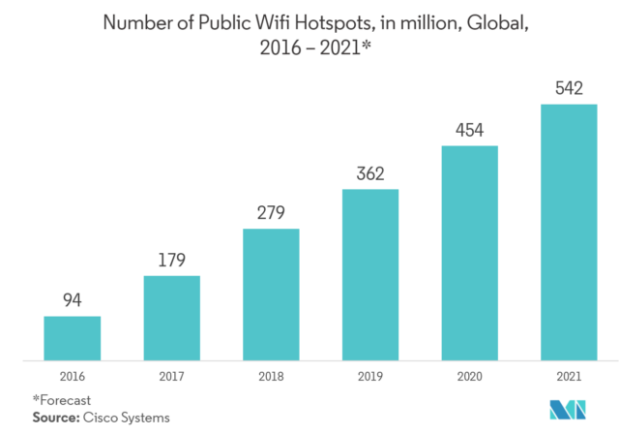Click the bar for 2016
click(x=93, y=337)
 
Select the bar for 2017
click(x=192, y=317)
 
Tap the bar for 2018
click(x=291, y=294)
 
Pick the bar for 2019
click(x=391, y=274)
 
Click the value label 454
click(x=470, y=131)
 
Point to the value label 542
click(x=569, y=89)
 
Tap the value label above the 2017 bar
click(x=172, y=262)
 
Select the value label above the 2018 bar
click(x=272, y=216)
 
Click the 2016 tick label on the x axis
click(x=73, y=374)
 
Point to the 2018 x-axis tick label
click(x=272, y=374)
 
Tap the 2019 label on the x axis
click(x=370, y=374)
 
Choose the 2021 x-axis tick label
click(x=569, y=374)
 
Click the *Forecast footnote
click(x=61, y=398)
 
